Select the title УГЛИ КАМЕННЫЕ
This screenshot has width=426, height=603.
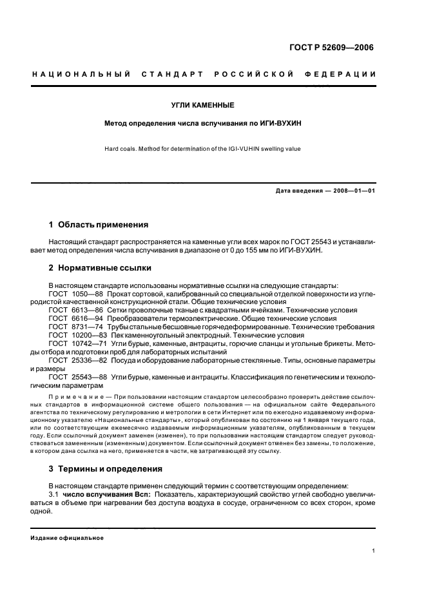tap(207, 105)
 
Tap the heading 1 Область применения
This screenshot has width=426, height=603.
tap(99, 225)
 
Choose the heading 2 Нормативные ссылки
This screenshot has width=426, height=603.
tap(100, 268)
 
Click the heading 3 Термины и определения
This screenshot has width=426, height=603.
tap(106, 468)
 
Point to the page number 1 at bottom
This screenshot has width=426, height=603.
tap(374, 551)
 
